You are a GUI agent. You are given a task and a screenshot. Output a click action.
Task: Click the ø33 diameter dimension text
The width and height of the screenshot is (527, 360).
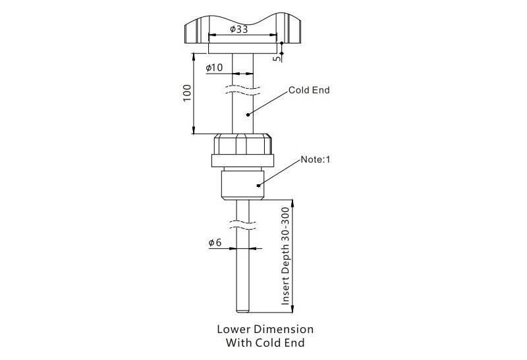coord(239,29)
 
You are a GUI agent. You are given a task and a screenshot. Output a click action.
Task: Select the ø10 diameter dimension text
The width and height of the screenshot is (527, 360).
coord(214,68)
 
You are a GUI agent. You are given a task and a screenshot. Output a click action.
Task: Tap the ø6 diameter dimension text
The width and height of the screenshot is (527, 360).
coord(215,242)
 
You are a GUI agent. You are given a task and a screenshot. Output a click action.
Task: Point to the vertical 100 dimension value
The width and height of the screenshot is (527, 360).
coord(187,93)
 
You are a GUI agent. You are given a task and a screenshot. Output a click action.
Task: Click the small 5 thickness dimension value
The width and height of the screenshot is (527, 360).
coord(276,59)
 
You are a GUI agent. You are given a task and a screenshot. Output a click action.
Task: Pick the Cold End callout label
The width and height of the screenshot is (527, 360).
coord(309,90)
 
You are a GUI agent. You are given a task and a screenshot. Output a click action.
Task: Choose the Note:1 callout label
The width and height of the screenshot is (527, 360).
coord(316,159)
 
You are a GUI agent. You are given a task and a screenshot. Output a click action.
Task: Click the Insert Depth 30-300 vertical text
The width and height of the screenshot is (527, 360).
coord(285,256)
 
